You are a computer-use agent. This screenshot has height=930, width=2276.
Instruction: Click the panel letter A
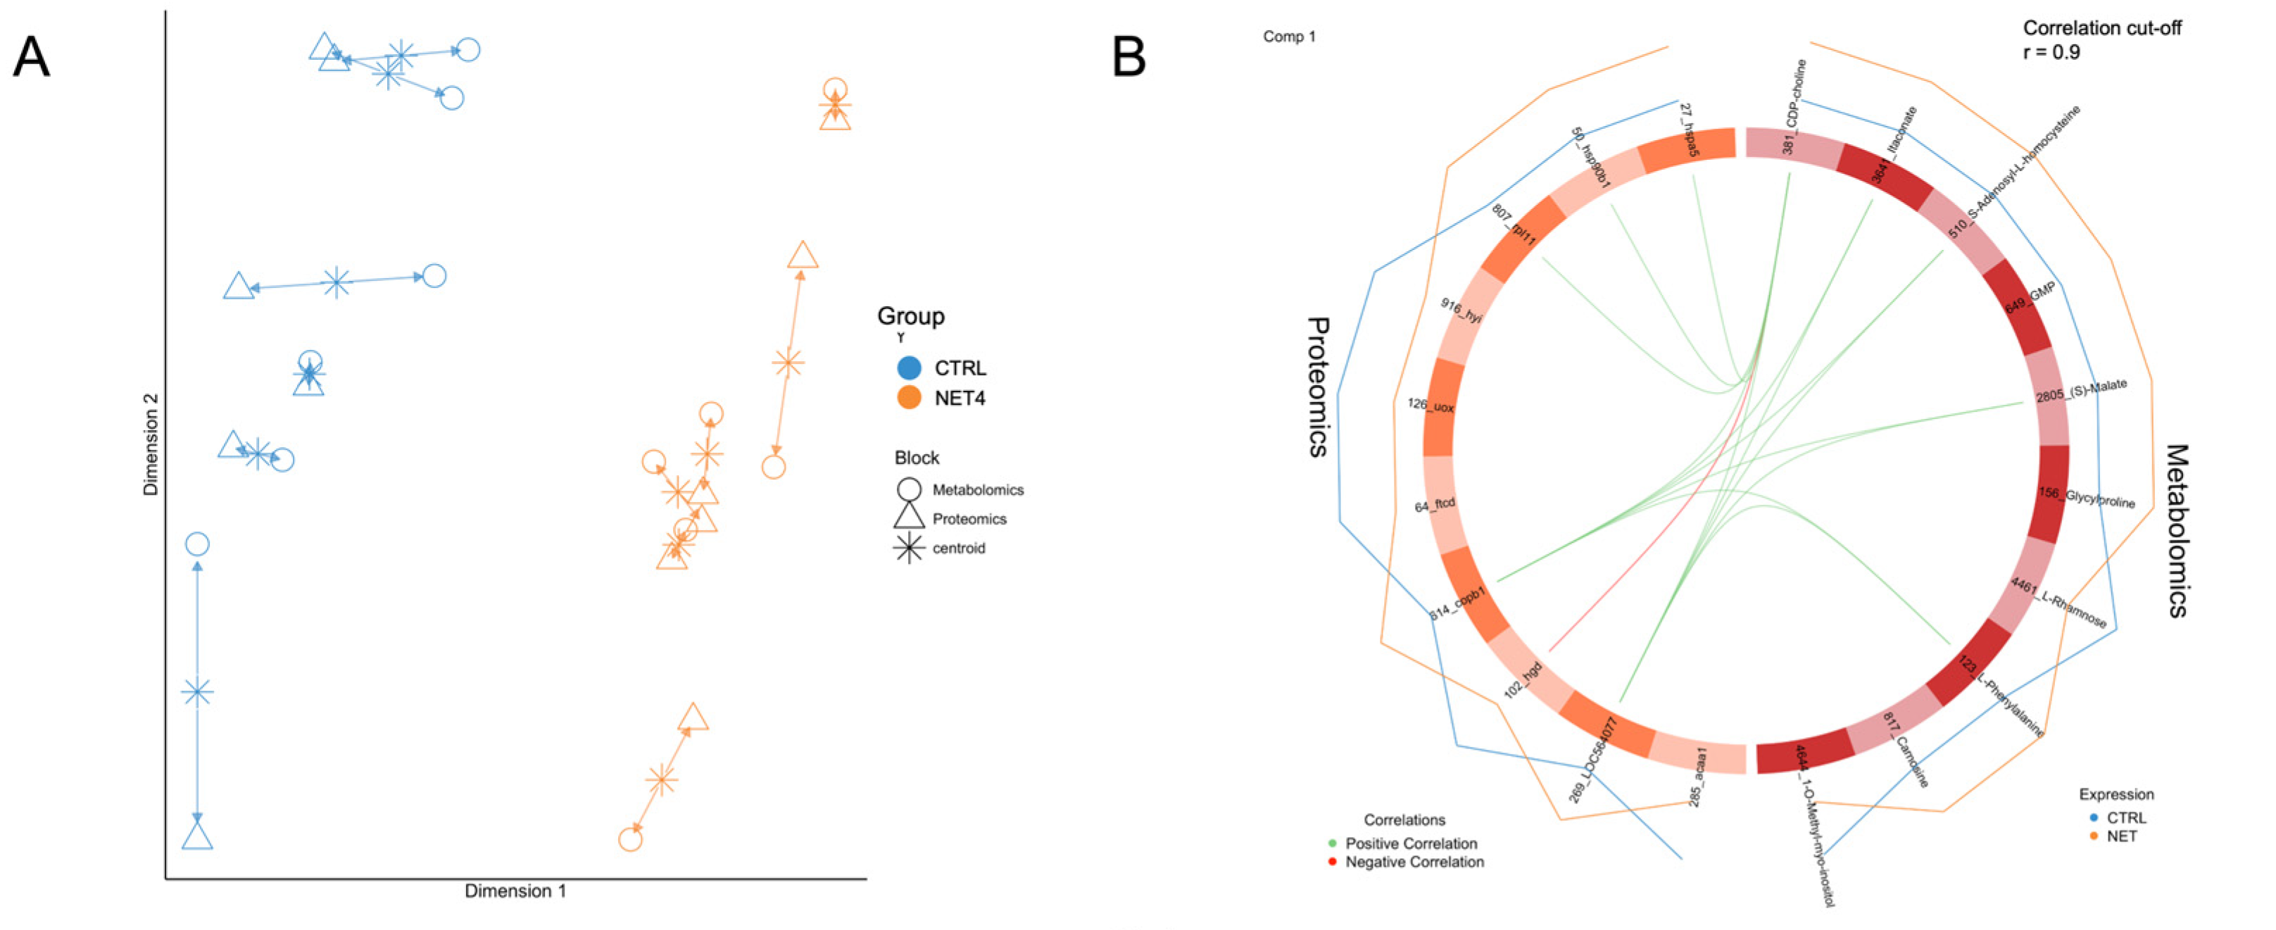[32, 58]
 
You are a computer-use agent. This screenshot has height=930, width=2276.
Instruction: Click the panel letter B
[1128, 58]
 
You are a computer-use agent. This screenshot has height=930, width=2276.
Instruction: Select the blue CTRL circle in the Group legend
[908, 367]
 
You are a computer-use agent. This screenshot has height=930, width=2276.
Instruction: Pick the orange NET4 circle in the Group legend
[908, 398]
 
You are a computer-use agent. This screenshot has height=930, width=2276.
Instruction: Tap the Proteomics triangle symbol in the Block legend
[908, 517]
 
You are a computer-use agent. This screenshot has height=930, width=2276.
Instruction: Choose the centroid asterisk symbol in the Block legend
[908, 548]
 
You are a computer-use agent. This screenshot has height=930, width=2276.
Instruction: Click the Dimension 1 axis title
[515, 891]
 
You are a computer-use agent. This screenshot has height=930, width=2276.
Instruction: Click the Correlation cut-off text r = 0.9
[2052, 52]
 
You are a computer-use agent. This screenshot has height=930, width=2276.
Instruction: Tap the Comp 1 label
[1288, 36]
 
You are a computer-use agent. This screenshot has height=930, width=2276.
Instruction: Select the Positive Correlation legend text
[1410, 843]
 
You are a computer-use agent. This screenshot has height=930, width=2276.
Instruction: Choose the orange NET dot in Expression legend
[2093, 836]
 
